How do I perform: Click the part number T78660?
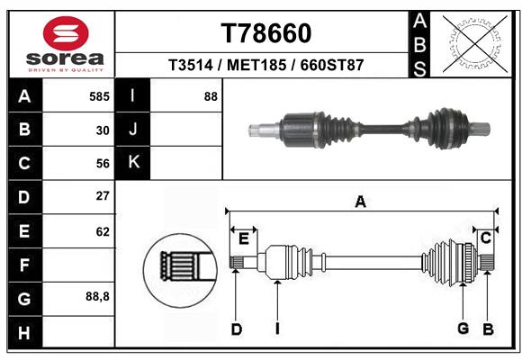click(x=266, y=33)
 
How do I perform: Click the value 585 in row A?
click(x=99, y=96)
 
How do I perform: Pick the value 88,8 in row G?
click(x=97, y=296)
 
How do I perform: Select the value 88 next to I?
click(x=210, y=96)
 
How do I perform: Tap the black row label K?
click(x=133, y=162)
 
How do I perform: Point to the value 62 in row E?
click(x=102, y=230)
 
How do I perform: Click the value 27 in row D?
click(x=102, y=196)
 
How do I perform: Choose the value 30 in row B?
click(x=102, y=130)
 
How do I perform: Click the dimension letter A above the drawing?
click(x=361, y=202)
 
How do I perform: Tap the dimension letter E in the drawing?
click(x=243, y=238)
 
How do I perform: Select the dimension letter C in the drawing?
click(x=485, y=238)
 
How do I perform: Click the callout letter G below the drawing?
click(x=463, y=329)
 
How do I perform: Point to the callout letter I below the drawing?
click(x=278, y=329)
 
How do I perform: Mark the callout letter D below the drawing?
click(x=236, y=329)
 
